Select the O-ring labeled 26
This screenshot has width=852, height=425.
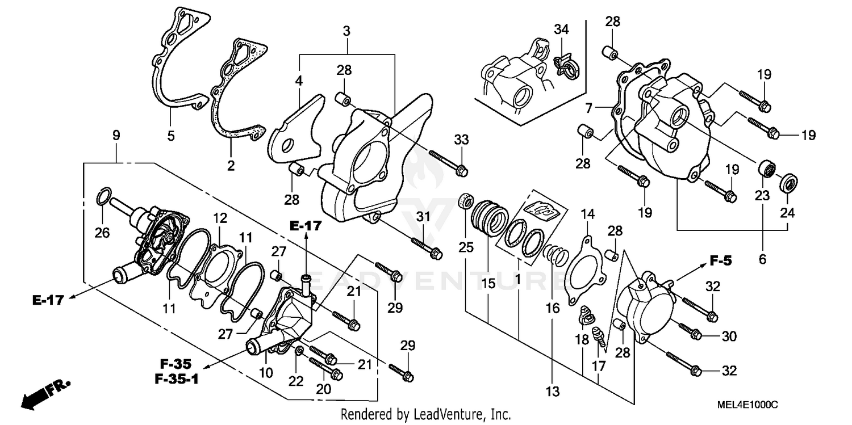(102, 196)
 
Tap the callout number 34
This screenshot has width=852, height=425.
(561, 30)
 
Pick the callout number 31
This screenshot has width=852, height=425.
(422, 216)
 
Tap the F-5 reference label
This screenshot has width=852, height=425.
(721, 261)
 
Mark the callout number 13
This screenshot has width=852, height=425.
(553, 391)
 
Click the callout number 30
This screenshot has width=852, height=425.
(729, 336)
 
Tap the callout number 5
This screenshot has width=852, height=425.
(170, 136)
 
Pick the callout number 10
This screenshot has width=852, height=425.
(266, 373)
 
